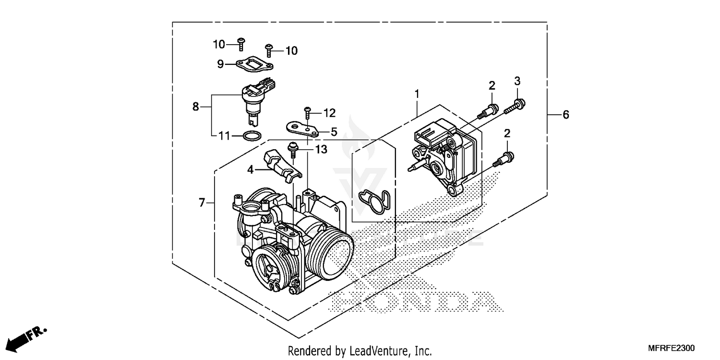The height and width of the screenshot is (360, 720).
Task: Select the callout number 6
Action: tap(565, 115)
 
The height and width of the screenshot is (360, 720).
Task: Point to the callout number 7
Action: tap(202, 203)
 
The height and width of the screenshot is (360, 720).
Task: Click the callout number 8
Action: tap(195, 107)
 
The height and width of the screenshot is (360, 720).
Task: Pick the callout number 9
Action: tap(220, 64)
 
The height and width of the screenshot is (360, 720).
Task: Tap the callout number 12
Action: tap(329, 113)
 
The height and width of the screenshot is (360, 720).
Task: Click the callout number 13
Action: tap(321, 150)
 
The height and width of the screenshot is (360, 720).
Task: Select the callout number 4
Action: tap(251, 169)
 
